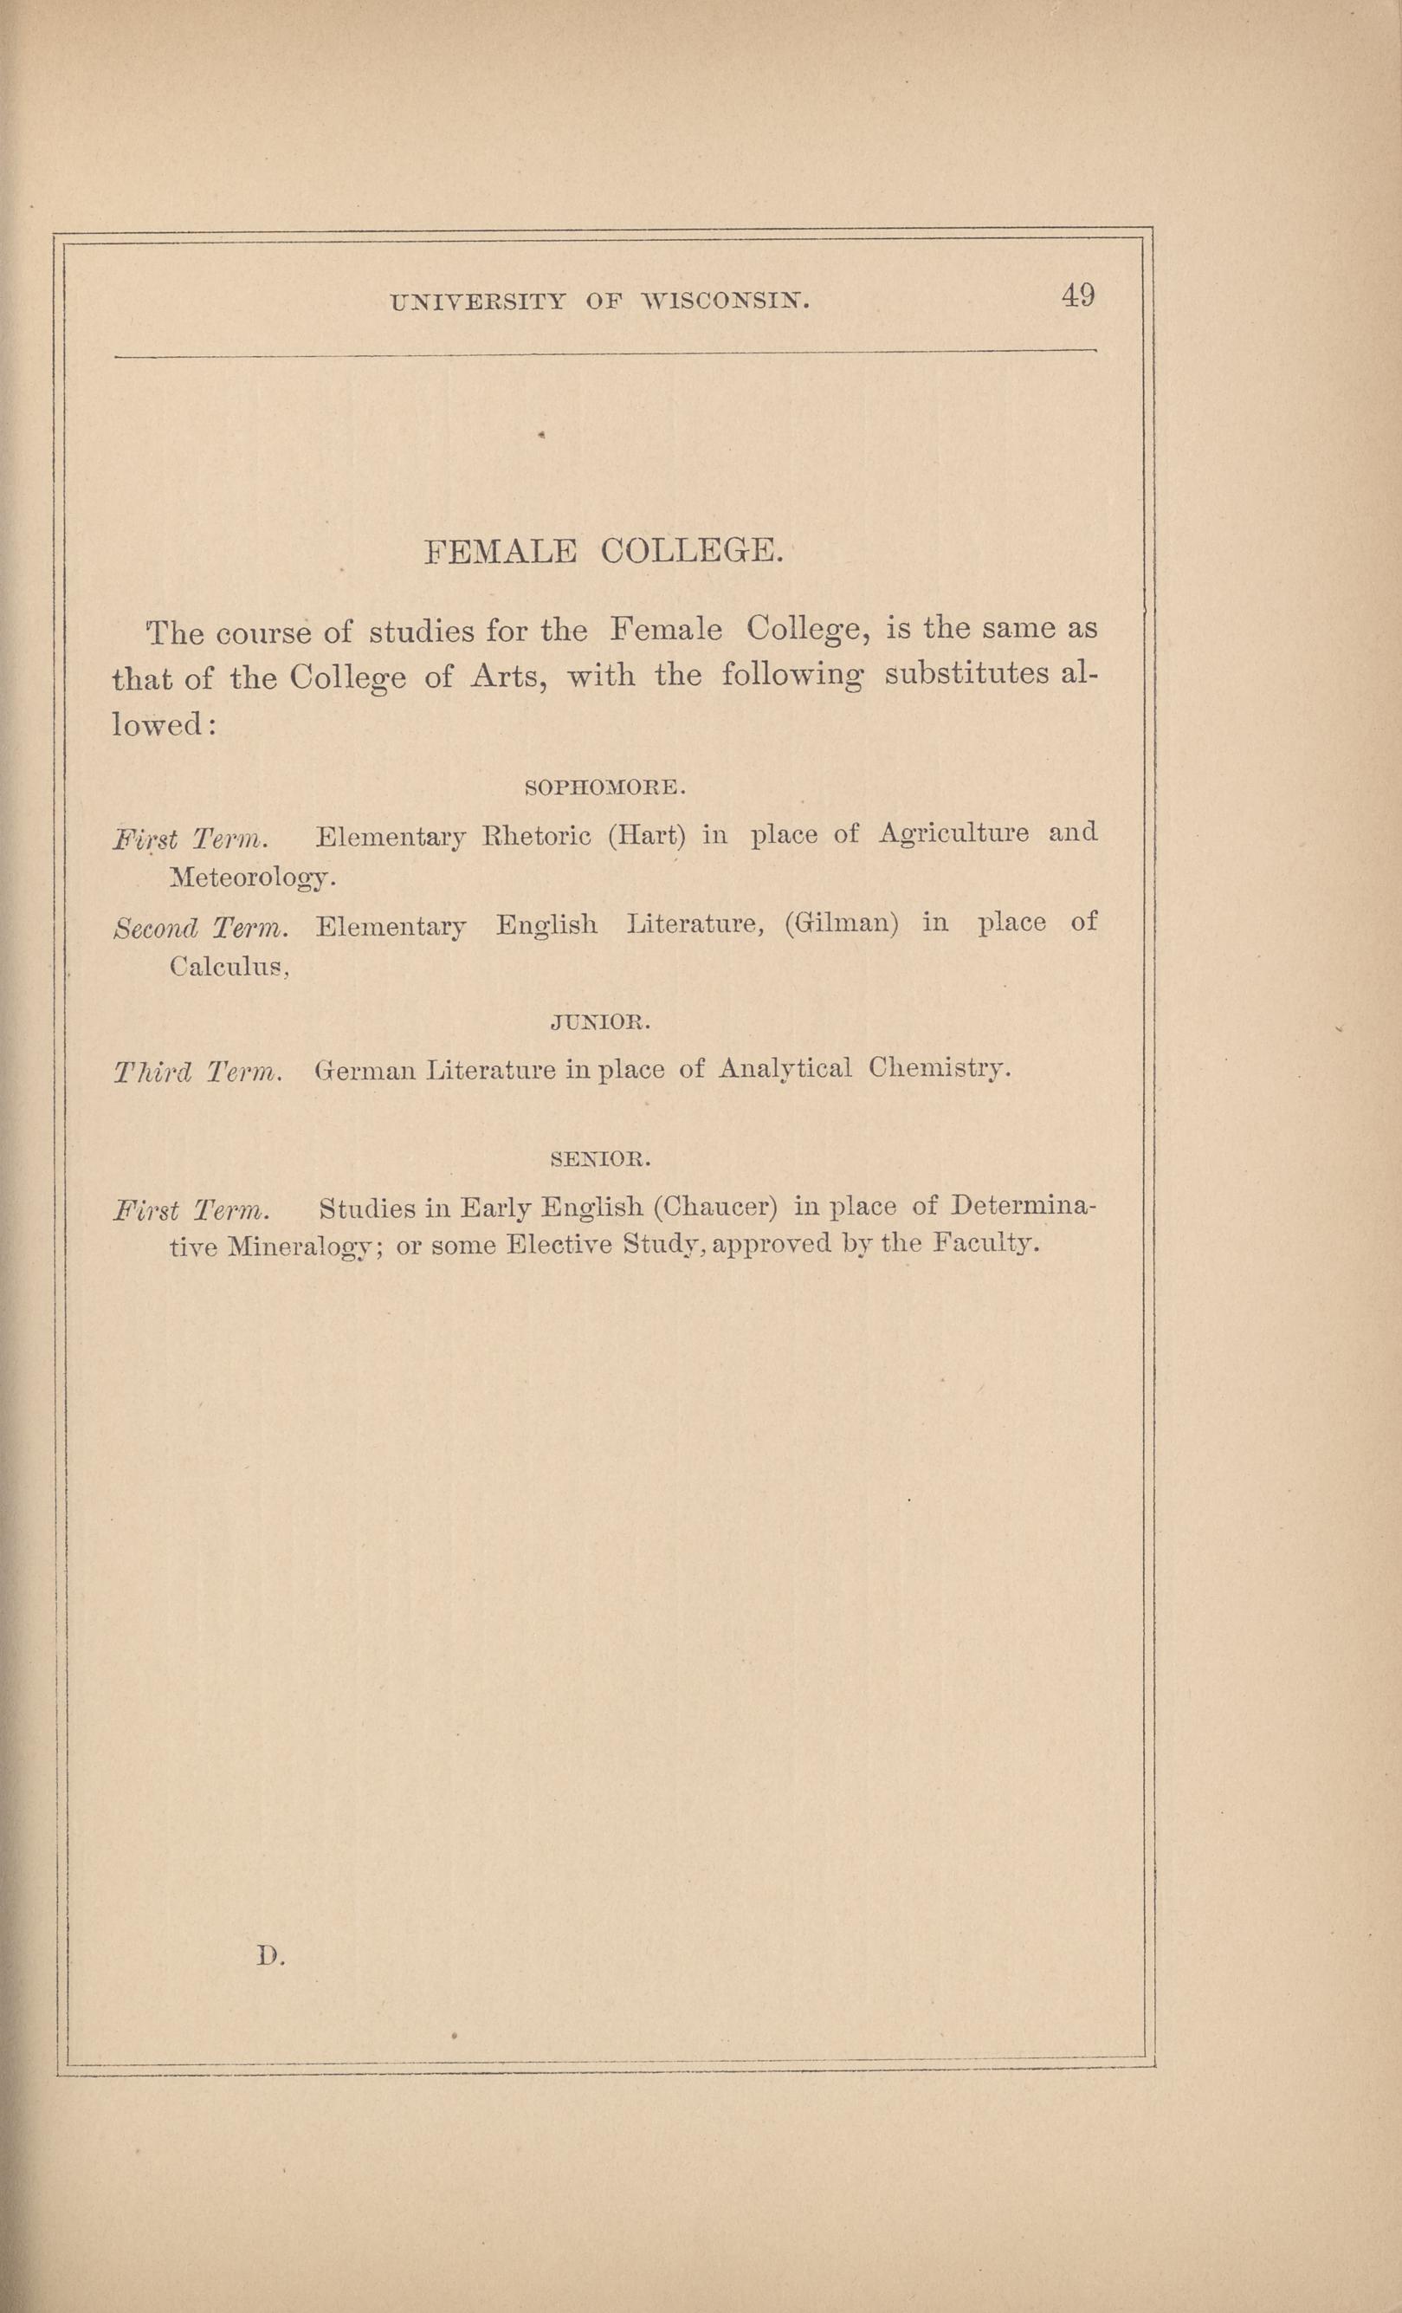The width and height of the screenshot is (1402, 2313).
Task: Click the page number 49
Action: click(1078, 296)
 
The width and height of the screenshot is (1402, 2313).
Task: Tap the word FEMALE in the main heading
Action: click(501, 551)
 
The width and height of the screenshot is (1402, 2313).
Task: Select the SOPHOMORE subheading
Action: click(605, 787)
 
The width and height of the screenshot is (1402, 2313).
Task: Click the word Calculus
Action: click(229, 967)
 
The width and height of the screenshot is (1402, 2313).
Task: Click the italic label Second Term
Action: click(200, 928)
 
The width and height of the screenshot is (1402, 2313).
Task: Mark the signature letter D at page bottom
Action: click(270, 1955)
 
